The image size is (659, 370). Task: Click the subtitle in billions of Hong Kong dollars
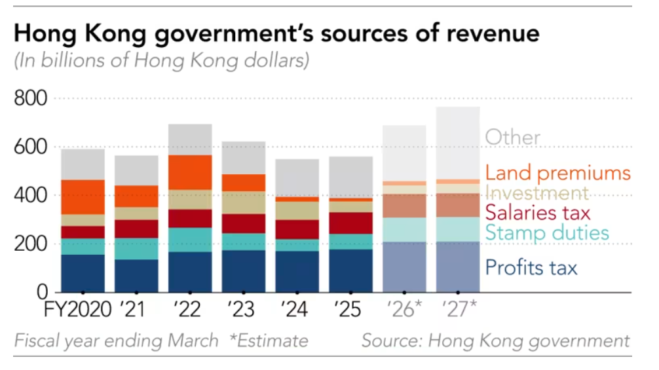(x=161, y=62)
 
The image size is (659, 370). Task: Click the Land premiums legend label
(x=557, y=174)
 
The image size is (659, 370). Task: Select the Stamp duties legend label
(x=547, y=232)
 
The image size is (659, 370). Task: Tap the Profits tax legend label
(x=531, y=267)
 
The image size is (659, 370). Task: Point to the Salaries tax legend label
(x=538, y=212)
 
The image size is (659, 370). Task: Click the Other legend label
(x=512, y=138)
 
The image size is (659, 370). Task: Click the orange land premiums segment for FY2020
(x=83, y=196)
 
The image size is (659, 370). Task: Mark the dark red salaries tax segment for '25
(x=350, y=223)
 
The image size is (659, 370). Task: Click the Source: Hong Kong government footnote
(x=495, y=341)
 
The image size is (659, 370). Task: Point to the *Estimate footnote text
(x=269, y=341)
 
